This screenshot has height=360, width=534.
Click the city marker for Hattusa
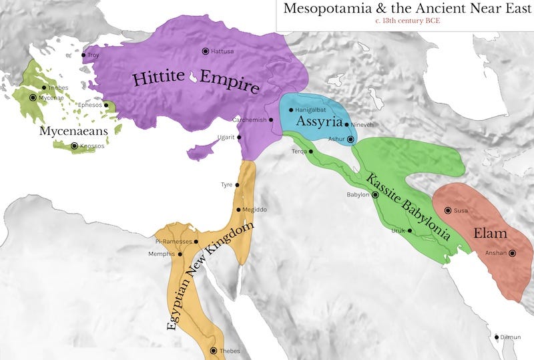[206, 51]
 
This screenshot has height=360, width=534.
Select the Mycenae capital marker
[33, 98]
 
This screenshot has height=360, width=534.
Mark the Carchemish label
[249, 120]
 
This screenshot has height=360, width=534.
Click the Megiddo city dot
[238, 210]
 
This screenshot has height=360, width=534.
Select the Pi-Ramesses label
[172, 242]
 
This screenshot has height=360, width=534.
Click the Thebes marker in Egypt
[214, 351]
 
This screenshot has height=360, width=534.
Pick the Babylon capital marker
[375, 195]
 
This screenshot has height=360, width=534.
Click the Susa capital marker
[448, 210]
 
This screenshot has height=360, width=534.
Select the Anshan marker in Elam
[512, 253]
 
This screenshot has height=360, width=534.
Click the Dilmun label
[511, 337]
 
